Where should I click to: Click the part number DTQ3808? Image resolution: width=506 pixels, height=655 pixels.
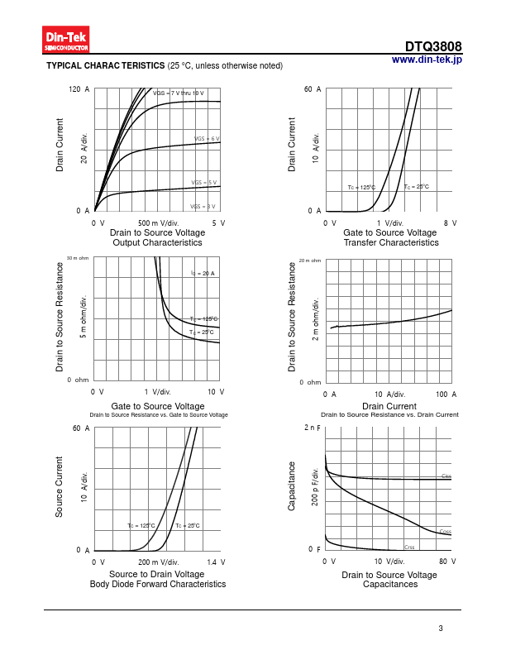point(433,47)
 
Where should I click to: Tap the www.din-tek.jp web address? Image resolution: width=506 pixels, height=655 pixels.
point(427,60)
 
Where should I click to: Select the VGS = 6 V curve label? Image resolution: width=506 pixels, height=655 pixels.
point(207,139)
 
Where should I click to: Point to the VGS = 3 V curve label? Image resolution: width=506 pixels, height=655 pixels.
point(203,206)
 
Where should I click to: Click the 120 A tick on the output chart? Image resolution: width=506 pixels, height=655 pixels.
point(79,88)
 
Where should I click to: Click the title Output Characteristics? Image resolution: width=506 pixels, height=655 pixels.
point(157,243)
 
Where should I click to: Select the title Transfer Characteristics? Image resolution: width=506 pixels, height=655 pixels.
point(391,243)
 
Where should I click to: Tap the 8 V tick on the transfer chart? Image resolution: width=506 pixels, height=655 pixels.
point(451,223)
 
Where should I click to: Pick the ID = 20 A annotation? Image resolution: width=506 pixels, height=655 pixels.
point(203,273)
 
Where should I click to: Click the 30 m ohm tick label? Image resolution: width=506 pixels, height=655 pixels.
point(78,259)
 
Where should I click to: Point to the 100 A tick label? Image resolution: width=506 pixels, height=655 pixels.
point(446,395)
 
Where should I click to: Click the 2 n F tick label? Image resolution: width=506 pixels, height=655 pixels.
point(312,428)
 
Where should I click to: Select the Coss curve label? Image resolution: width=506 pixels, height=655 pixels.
point(445,531)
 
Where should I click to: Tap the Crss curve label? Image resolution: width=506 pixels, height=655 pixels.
point(409,547)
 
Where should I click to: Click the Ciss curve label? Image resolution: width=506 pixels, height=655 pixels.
point(446,476)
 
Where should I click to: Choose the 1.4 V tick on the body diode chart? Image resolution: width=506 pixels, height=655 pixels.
point(217,562)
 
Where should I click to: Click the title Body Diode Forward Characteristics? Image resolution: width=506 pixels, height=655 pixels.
point(157,584)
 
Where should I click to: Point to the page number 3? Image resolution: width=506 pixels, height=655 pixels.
point(441,629)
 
